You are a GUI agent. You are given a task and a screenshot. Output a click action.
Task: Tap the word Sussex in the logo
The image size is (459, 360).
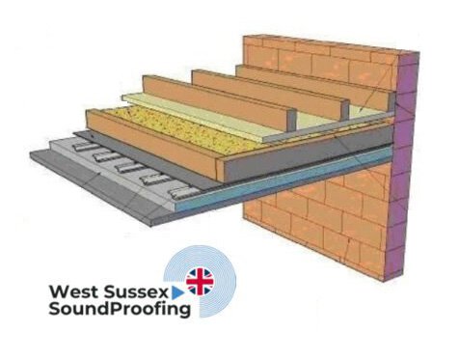(148, 289)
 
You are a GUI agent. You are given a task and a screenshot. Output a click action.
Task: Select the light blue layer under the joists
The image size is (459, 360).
(289, 184)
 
